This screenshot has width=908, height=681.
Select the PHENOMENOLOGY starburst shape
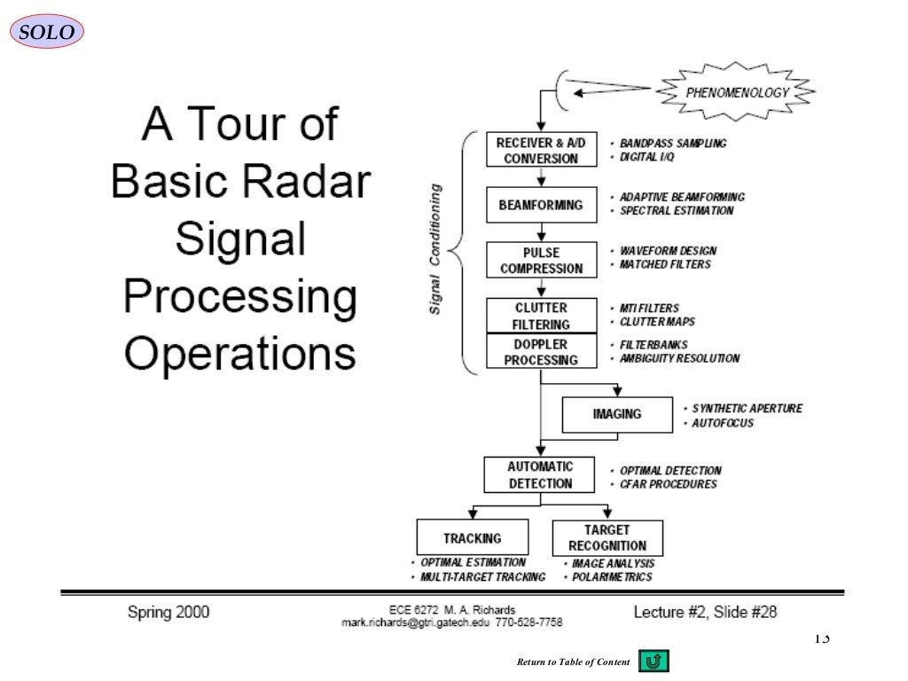pyautogui.click(x=737, y=91)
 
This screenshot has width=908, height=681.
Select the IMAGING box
pyautogui.click(x=617, y=414)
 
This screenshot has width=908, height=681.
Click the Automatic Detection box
pyautogui.click(x=540, y=474)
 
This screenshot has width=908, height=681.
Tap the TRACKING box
pyautogui.click(x=472, y=538)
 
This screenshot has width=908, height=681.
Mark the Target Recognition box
pyautogui.click(x=607, y=538)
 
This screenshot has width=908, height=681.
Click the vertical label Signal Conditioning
pyautogui.click(x=435, y=248)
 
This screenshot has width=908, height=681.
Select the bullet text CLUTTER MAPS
pyautogui.click(x=657, y=322)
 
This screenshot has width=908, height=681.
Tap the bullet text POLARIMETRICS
pyautogui.click(x=612, y=577)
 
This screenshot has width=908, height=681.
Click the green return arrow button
pyautogui.click(x=654, y=661)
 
